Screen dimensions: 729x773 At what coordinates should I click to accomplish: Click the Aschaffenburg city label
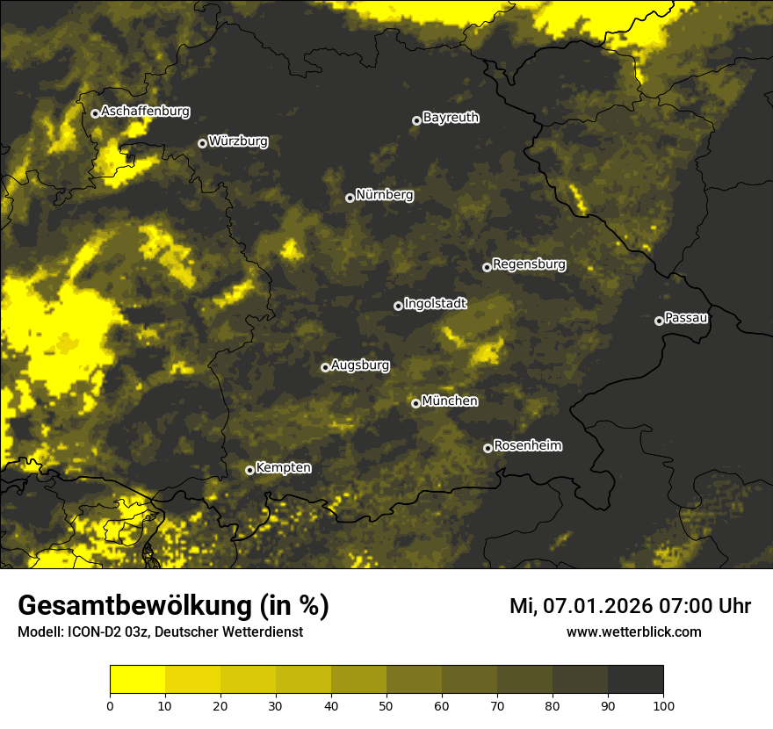click(145, 112)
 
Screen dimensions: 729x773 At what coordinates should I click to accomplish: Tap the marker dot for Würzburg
click(202, 143)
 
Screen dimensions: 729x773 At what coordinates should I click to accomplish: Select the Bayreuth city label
click(451, 118)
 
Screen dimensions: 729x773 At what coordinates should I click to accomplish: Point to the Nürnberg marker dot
click(350, 198)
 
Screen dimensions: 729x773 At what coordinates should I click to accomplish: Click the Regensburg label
click(529, 264)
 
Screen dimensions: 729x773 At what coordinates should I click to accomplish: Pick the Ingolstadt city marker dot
click(398, 306)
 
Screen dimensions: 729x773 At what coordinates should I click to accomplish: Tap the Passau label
click(687, 318)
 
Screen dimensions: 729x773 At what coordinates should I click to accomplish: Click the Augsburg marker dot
click(325, 367)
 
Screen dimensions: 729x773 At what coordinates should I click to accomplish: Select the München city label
click(450, 401)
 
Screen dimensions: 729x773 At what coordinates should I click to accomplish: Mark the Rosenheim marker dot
click(488, 448)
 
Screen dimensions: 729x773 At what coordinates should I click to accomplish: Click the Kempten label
click(283, 468)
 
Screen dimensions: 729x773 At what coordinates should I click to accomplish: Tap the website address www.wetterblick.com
click(634, 632)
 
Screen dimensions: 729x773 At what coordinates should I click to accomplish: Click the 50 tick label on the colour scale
click(386, 704)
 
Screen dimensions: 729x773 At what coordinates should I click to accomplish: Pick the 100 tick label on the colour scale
click(663, 704)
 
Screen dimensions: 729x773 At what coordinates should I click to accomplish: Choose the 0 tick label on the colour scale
click(110, 704)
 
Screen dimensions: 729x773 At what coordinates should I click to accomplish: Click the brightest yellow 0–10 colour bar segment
click(137, 680)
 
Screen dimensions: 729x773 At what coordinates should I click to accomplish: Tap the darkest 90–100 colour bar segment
click(635, 680)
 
